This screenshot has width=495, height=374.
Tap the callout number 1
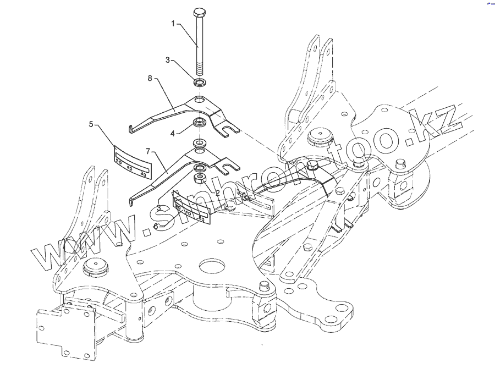click(173, 24)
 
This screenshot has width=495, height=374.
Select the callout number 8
click(150, 79)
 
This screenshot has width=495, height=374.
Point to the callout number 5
click(91, 124)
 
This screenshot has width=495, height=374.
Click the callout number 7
click(147, 151)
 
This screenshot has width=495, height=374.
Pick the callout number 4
click(172, 133)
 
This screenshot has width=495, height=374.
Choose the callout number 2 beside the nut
click(217, 193)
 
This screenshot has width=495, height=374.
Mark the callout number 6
click(156, 225)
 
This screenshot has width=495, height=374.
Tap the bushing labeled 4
click(200, 122)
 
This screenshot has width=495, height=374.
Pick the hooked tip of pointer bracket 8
click(130, 130)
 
